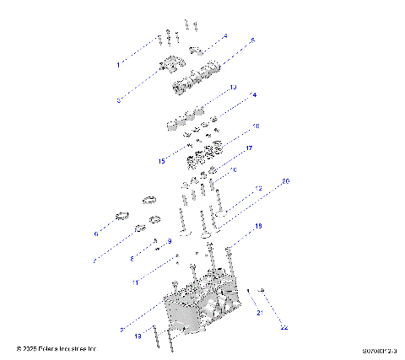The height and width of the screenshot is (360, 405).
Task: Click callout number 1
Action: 117,64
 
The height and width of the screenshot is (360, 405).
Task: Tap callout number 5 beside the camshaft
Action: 251,40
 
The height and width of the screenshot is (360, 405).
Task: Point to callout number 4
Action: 225,37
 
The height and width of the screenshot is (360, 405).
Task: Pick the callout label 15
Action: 160,161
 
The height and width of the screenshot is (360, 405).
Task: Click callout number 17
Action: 249,148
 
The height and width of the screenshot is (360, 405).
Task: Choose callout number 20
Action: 285,182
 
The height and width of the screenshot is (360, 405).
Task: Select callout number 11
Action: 134,282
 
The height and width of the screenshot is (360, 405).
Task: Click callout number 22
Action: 284,327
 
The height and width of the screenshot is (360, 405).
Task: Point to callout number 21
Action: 260,313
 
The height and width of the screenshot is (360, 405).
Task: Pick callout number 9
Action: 169,242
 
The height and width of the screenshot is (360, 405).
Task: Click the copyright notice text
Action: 57,347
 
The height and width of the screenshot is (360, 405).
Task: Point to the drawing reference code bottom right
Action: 380,348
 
